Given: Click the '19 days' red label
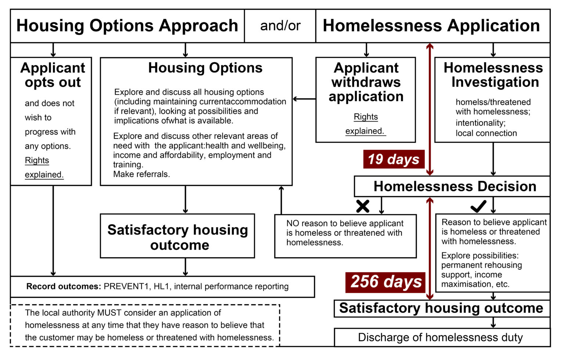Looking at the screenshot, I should point(394,159).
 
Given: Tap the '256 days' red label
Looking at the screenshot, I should point(386,282).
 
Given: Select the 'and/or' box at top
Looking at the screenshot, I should point(280,26).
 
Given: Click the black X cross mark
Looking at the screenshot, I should point(363,206).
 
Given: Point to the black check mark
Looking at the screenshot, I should point(478,206).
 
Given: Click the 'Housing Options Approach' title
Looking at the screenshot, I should point(127,26).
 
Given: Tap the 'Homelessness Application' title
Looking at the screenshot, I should point(431,26).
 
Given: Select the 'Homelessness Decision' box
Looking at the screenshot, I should point(455,186).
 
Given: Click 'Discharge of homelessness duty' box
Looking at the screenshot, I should point(440,337).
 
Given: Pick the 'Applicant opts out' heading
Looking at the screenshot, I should point(53,75).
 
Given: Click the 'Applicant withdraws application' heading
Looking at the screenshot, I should point(366,82).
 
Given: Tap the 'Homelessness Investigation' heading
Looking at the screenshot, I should point(493,75).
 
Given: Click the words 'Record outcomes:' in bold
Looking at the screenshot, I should point(63,287).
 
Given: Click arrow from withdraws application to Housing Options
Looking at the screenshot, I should point(304,99).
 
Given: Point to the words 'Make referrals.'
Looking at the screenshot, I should point(141,174).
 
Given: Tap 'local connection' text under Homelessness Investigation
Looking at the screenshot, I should point(486,133).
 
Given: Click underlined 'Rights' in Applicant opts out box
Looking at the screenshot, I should point(37,161).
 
